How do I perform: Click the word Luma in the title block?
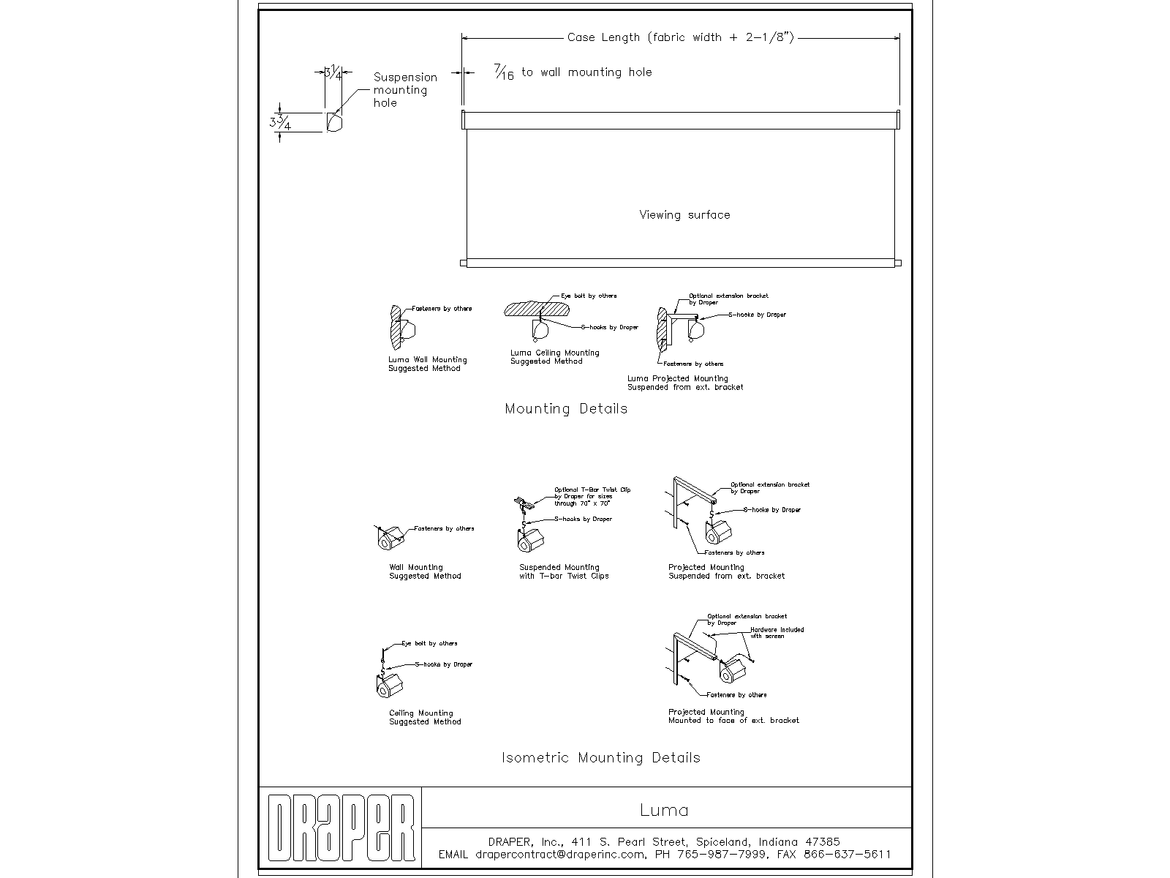(664, 810)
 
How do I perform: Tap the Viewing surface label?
(684, 214)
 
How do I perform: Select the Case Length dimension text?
(680, 37)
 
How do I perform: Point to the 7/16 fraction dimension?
(504, 72)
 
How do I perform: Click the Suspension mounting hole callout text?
(404, 90)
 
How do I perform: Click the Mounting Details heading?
(566, 408)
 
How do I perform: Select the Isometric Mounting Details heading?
(600, 757)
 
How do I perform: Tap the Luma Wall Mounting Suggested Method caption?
(427, 364)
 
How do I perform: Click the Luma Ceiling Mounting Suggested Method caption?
(554, 356)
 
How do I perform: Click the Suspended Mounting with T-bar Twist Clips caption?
(564, 571)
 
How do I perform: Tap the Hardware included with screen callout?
(777, 632)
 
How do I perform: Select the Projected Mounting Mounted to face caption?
(733, 716)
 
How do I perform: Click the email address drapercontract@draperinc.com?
(560, 854)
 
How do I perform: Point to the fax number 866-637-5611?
(847, 854)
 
